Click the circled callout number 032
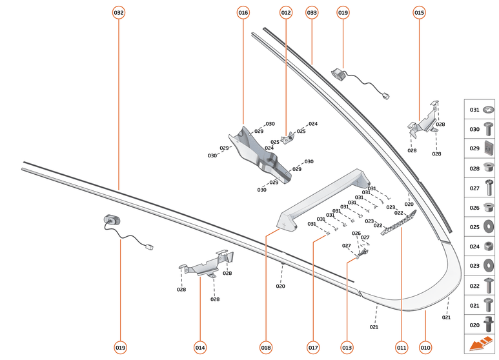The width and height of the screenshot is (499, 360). click(119, 12)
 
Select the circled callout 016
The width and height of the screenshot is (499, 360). click(243, 12)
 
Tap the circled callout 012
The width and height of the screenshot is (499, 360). click(286, 12)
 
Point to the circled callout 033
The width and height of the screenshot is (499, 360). click(312, 12)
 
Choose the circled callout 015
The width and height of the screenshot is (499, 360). click(419, 12)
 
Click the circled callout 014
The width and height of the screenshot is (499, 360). click(200, 348)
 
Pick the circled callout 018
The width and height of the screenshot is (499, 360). click(266, 348)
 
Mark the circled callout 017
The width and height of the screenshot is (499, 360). click(313, 348)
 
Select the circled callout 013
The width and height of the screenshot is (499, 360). click(347, 348)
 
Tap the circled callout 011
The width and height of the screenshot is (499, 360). click(402, 348)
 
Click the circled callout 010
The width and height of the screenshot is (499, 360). click(425, 348)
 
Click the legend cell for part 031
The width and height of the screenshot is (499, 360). click(480, 110)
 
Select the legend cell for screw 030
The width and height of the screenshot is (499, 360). click(480, 130)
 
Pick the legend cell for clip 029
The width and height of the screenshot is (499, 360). click(480, 149)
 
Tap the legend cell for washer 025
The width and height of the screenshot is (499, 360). click(480, 226)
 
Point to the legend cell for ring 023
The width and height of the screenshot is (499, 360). click(480, 265)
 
